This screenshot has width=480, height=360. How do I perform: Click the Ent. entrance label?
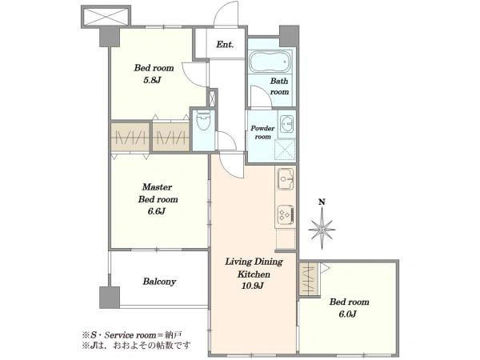point(225,44)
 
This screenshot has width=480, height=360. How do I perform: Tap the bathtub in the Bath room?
point(270,62)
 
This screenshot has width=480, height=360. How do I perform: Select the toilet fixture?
point(203,121)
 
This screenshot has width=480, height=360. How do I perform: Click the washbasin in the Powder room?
point(286,124)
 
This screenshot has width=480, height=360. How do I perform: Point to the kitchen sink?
point(286,178)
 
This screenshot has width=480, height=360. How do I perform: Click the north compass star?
point(322,228)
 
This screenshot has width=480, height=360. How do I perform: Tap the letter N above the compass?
point(322,202)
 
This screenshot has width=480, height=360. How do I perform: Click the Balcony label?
point(159,282)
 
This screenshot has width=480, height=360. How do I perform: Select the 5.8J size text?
point(153,80)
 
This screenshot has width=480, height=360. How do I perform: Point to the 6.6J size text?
point(157,211)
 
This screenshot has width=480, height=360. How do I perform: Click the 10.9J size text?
point(253,286)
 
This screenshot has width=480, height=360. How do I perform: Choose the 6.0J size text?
point(347,314)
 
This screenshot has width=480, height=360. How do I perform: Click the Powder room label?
point(262,132)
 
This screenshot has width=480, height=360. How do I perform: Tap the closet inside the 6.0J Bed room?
point(309,280)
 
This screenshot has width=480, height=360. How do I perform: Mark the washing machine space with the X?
point(286,150)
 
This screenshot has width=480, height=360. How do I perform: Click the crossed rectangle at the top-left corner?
point(106,17)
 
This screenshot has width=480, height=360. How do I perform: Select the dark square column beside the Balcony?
point(110,298)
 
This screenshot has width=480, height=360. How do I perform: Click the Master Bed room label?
point(158,193)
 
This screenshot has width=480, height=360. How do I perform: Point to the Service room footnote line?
point(132,334)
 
